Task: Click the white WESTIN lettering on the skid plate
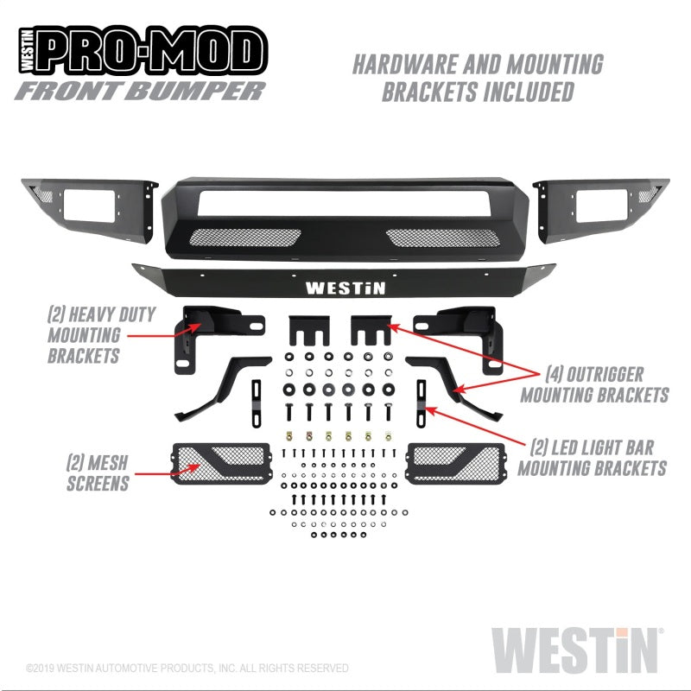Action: click(x=345, y=288)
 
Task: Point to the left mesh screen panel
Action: click(x=221, y=463)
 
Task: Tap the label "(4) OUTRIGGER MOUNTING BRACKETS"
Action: click(x=606, y=384)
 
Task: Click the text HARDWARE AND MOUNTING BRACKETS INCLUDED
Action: click(x=478, y=78)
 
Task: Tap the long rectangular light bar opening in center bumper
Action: click(x=344, y=204)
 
